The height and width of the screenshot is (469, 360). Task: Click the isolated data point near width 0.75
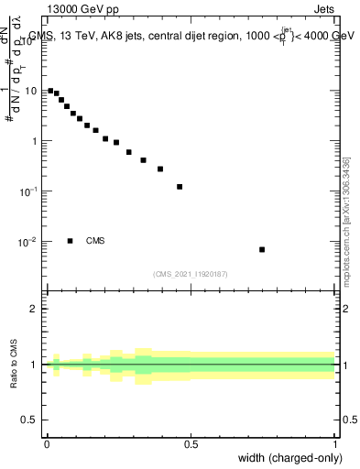pos(262,249)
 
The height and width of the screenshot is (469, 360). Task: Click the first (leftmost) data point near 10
pos(50,91)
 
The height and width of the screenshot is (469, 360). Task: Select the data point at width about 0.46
pos(180,187)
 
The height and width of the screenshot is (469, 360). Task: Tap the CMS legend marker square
pos(71,241)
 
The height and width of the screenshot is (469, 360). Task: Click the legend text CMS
pos(95,241)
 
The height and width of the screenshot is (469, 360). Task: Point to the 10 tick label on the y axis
pos(32,91)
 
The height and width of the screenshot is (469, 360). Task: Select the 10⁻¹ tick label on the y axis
pos(30,191)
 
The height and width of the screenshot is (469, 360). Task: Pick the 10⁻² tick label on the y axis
pos(30,242)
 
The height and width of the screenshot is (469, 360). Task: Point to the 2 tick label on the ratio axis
pos(35,309)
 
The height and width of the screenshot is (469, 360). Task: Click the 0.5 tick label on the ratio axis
pos(31,421)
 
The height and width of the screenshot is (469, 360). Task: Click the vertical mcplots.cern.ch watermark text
pos(345,220)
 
